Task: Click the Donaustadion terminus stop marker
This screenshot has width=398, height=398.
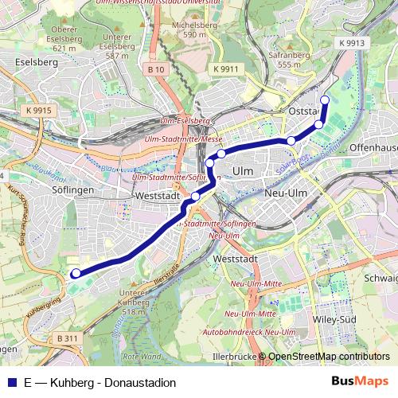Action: (325, 99)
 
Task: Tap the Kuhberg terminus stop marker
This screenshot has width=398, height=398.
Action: (76, 274)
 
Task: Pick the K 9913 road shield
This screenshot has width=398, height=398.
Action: (351, 43)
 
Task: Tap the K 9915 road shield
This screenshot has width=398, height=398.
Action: (37, 110)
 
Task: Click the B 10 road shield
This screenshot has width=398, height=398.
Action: (156, 69)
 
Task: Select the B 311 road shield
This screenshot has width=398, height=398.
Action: (68, 338)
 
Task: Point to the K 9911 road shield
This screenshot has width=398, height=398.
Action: (225, 69)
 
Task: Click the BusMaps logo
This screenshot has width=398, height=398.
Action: (360, 381)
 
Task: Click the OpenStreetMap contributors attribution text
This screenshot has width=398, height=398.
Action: (329, 357)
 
